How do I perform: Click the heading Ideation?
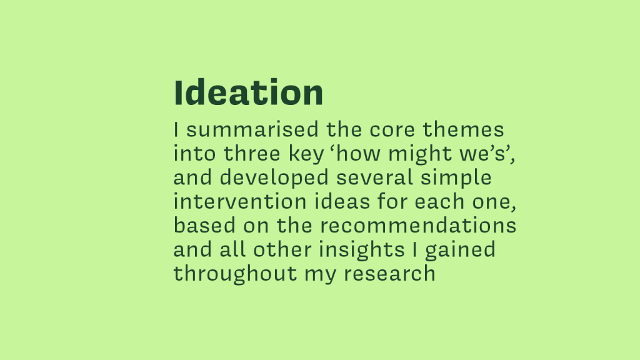pos(249,92)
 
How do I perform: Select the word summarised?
pos(252,130)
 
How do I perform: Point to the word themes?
pos(463,130)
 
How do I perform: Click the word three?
pos(252,154)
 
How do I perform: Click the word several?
pos(375,178)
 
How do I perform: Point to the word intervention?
pos(240,202)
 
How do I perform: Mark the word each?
pos(439,202)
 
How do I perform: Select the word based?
pos(204,226)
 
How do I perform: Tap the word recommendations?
pos(418,226)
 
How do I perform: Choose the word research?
pos(389,274)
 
